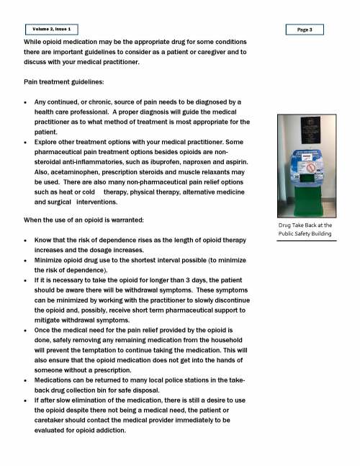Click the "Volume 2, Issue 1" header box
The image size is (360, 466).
[51, 29]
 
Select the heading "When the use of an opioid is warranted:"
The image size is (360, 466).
[96, 219]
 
